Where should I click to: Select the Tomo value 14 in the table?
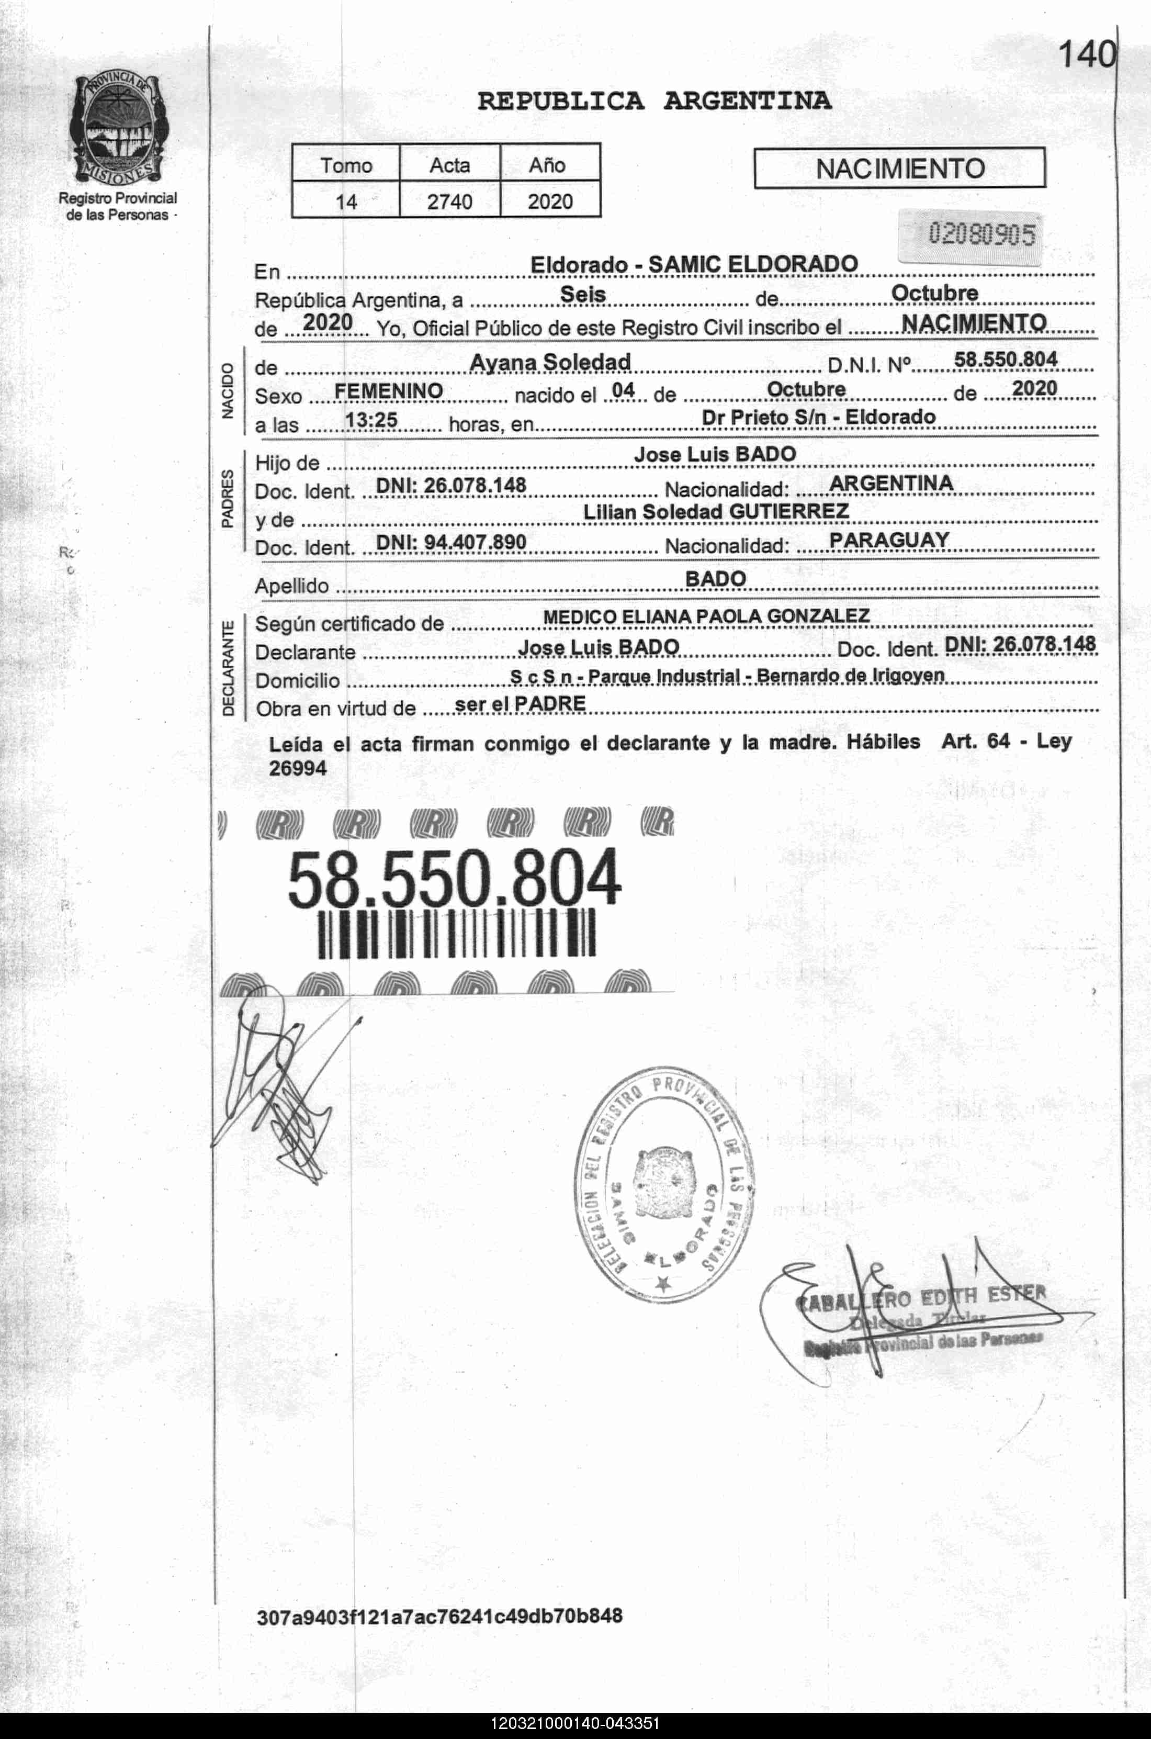coord(346,201)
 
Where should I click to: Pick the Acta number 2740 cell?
coord(449,201)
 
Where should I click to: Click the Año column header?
coord(548,165)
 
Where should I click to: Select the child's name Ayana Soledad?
coord(550,362)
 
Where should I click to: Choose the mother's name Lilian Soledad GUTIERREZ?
coord(716,512)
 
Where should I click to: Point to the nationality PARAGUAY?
coord(889,540)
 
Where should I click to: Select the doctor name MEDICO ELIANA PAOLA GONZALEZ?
coord(706,616)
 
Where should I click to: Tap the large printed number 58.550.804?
coord(454,879)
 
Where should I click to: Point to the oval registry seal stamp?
coord(667,1185)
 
